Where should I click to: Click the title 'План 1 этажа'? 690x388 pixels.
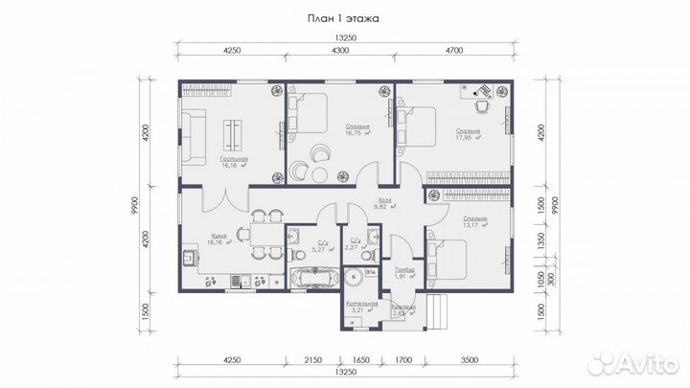[344, 17]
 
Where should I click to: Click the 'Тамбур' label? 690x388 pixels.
[403, 271]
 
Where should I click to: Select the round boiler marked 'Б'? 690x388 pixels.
[356, 278]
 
